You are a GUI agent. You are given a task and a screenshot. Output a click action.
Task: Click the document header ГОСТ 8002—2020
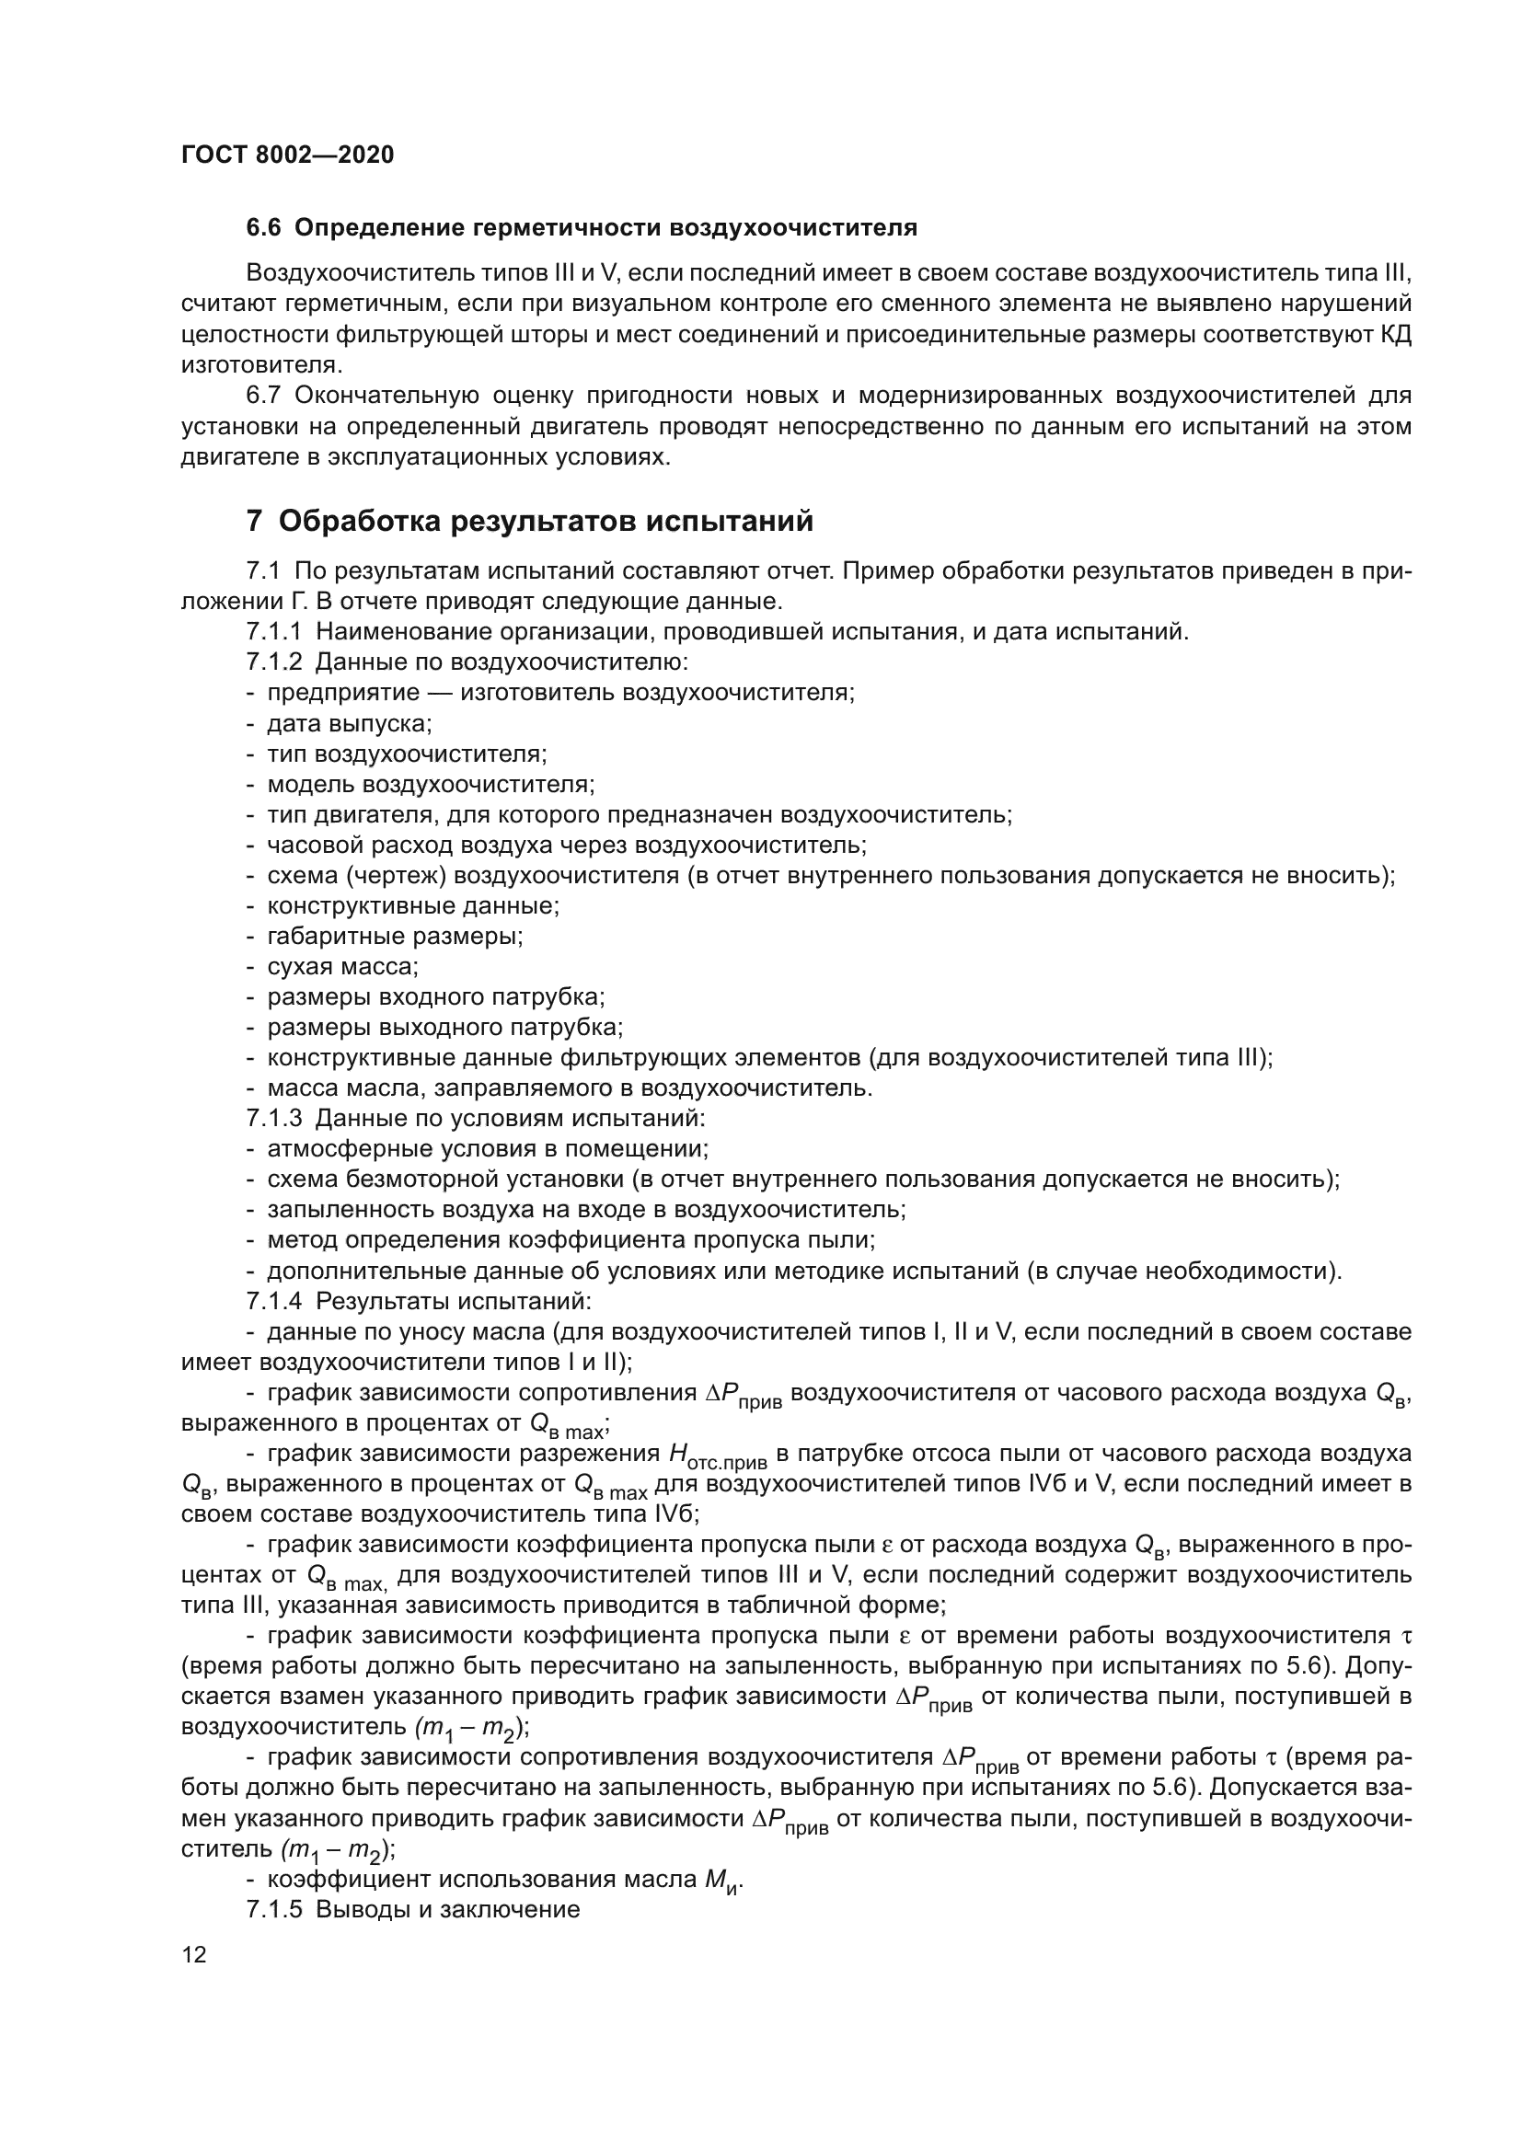pyautogui.click(x=287, y=155)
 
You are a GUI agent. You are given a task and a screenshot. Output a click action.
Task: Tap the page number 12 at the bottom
pyautogui.click(x=194, y=1954)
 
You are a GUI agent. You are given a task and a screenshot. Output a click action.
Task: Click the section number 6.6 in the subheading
pyautogui.click(x=263, y=228)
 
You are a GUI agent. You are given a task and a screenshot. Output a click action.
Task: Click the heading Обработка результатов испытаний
pyautogui.click(x=546, y=521)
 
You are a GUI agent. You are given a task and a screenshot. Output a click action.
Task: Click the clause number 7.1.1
pyautogui.click(x=273, y=632)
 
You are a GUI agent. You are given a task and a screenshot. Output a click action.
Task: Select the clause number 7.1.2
pyautogui.click(x=273, y=662)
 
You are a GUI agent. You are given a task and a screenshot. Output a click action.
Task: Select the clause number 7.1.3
pyautogui.click(x=273, y=1118)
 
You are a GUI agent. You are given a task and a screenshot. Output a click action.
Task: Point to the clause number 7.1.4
pyautogui.click(x=273, y=1301)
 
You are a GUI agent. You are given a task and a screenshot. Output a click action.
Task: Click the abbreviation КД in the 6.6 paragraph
pyautogui.click(x=1396, y=335)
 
